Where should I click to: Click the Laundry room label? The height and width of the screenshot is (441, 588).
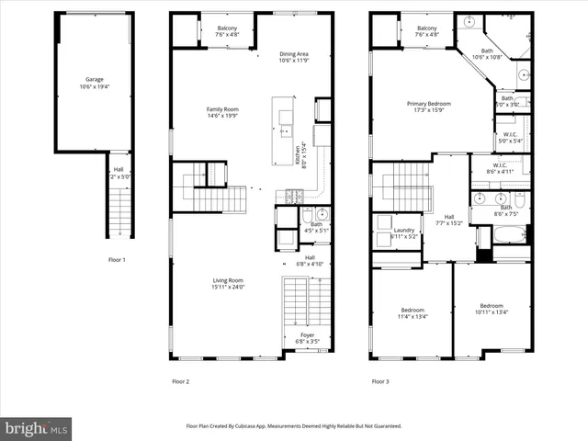click(x=404, y=233)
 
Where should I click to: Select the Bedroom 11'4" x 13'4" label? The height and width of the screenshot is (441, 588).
click(x=412, y=313)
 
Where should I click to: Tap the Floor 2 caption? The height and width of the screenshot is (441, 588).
click(x=180, y=380)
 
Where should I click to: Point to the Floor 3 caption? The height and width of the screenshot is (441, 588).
click(x=379, y=380)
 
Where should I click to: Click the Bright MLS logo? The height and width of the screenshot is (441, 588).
click(x=37, y=428)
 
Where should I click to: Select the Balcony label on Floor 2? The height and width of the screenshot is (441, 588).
click(x=227, y=31)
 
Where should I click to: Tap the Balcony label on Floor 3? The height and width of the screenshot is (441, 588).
click(x=427, y=31)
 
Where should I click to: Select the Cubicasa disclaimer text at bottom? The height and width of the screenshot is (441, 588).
click(x=294, y=426)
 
